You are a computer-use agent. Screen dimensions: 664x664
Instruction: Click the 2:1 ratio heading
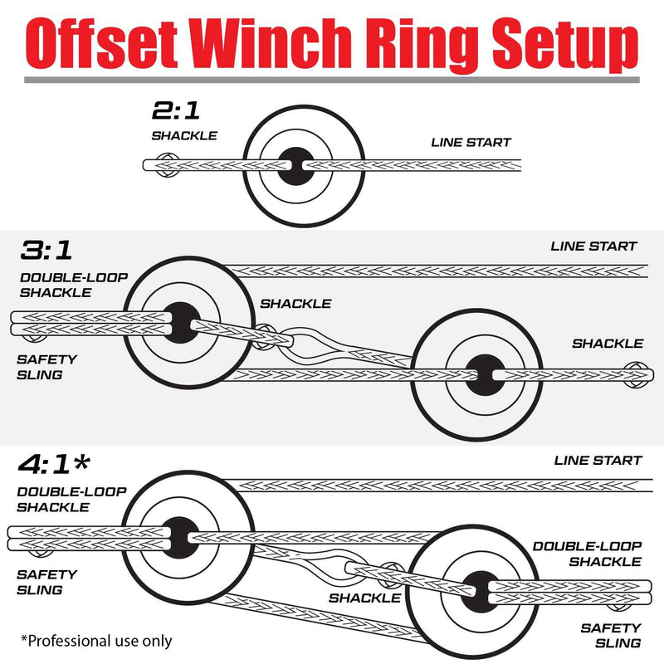pyautogui.click(x=175, y=110)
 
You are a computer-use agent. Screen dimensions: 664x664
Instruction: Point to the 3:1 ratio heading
pyautogui.click(x=50, y=251)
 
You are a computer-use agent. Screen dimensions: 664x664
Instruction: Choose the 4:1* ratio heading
pyautogui.click(x=63, y=466)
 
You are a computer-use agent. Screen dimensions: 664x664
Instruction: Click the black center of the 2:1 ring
pyautogui.click(x=295, y=167)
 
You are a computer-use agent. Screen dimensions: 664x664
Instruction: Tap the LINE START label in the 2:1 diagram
pyautogui.click(x=471, y=143)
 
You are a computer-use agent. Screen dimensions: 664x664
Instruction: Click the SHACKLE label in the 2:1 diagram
pyautogui.click(x=183, y=135)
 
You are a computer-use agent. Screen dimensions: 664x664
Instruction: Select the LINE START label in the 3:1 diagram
pyautogui.click(x=593, y=246)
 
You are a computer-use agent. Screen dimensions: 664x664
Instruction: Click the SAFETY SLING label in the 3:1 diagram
pyautogui.click(x=46, y=367)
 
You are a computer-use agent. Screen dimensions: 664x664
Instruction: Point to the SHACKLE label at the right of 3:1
pyautogui.click(x=607, y=343)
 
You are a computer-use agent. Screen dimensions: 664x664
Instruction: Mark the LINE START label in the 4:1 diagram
pyautogui.click(x=598, y=461)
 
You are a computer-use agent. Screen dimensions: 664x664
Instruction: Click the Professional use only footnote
pyautogui.click(x=96, y=640)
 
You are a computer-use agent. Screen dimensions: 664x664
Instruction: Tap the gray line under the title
pyautogui.click(x=332, y=81)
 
